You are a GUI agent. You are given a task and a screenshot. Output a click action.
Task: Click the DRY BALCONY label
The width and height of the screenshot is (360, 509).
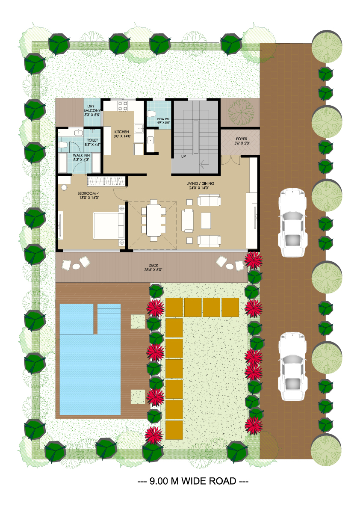(x=92, y=110)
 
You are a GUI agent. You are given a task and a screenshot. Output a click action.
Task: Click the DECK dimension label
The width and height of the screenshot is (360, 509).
(x=153, y=267)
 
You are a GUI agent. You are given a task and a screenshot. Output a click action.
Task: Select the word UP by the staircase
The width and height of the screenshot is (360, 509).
(x=183, y=157)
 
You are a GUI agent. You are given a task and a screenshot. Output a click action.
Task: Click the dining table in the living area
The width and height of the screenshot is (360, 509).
(x=153, y=220)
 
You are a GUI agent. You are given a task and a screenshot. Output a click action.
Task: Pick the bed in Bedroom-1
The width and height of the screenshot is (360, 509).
(x=109, y=225)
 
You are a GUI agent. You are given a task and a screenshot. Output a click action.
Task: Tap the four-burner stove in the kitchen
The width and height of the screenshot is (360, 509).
(x=123, y=106)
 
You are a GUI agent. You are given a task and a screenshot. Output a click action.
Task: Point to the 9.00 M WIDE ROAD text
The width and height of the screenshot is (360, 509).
(x=193, y=481)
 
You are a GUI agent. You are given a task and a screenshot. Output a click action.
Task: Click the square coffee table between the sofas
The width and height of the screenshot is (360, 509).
(x=206, y=220)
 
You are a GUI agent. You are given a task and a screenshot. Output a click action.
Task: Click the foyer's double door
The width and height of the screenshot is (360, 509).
(x=231, y=159)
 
